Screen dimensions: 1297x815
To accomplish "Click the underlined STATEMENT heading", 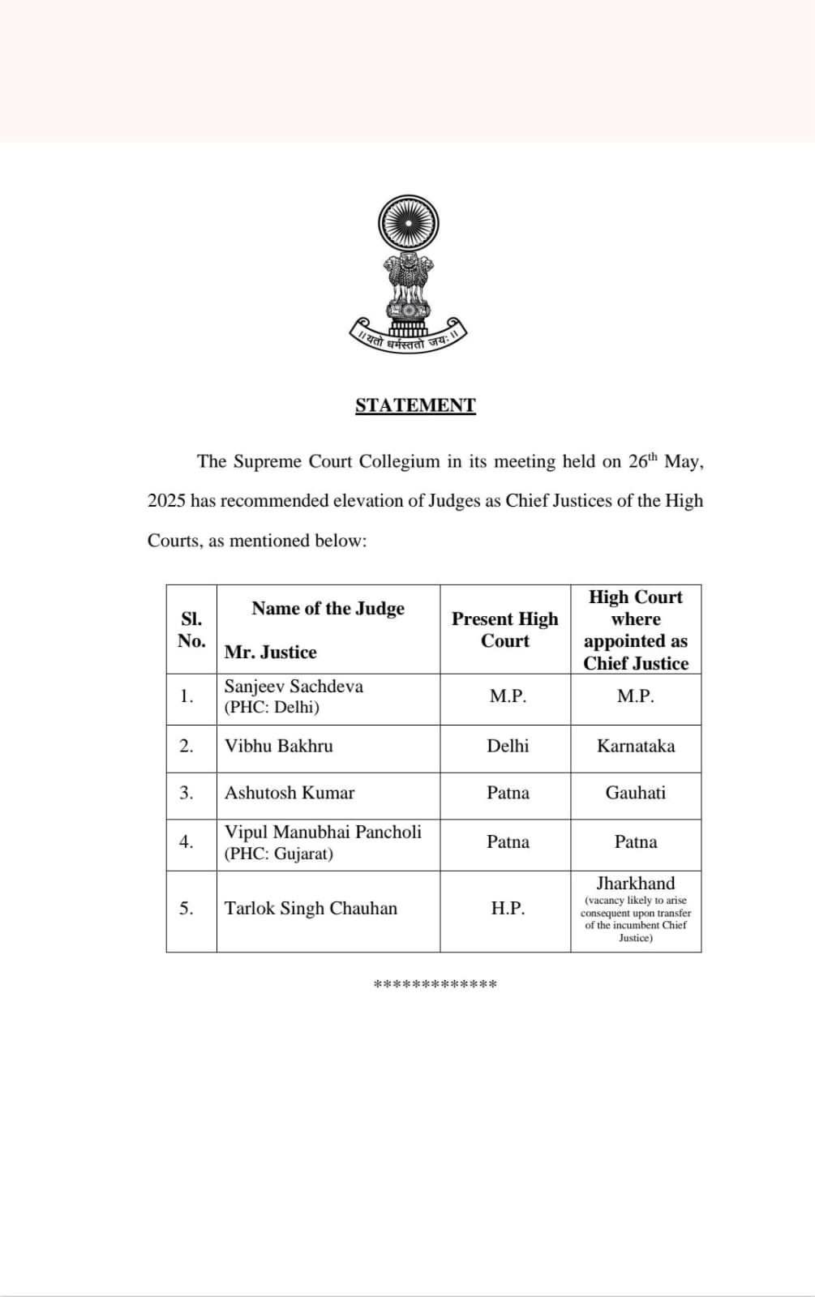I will click(415, 405).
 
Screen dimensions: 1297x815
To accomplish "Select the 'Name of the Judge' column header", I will click(328, 609).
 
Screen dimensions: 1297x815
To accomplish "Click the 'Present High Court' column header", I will click(504, 630).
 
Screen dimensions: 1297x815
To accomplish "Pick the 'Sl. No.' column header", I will click(191, 630).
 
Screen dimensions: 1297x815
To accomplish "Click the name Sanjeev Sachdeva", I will click(294, 687).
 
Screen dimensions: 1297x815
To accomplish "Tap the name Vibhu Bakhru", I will click(278, 747).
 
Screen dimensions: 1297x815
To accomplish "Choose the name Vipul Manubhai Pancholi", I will click(323, 832).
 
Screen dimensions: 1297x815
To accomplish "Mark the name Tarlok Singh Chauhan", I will click(311, 909).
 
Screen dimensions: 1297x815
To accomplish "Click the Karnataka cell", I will click(636, 747).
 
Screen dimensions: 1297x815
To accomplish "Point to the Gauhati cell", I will click(636, 793).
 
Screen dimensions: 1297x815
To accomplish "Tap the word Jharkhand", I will click(636, 884).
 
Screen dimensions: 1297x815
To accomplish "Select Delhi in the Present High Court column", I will click(508, 747).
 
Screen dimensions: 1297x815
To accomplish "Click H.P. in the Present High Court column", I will click(508, 909).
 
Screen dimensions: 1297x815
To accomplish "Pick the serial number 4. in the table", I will click(187, 842).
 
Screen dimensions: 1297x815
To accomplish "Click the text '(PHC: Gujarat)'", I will click(278, 854).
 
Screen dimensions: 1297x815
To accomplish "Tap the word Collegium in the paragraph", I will click(400, 462).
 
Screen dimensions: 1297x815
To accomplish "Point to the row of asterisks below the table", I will click(435, 984).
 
